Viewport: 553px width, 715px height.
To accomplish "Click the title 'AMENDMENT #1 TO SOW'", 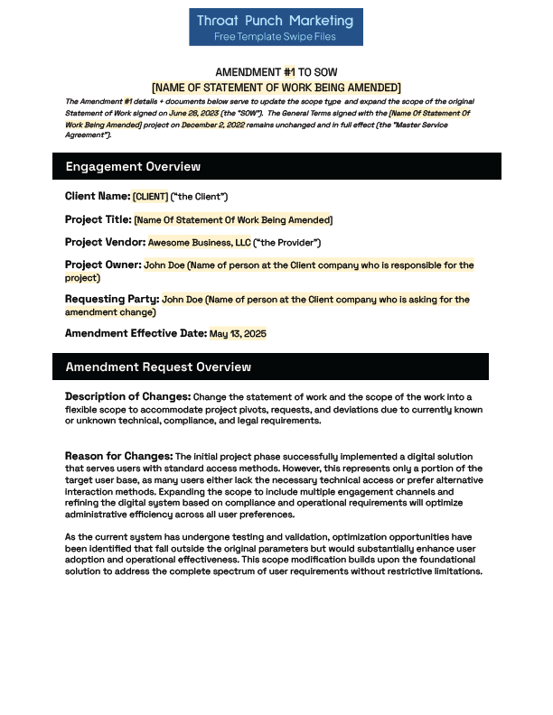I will tap(276, 72).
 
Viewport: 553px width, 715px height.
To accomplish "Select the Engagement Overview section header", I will tap(133, 167).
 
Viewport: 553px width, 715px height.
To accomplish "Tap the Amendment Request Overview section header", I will tap(158, 367).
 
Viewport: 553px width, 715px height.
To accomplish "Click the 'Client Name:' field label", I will tap(97, 196).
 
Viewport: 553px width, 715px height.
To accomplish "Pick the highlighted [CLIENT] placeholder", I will tap(150, 197).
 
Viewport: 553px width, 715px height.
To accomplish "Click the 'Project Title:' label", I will tap(98, 219).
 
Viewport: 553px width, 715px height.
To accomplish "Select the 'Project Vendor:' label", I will tap(105, 242).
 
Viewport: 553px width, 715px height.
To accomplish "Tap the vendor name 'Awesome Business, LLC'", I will tap(199, 243).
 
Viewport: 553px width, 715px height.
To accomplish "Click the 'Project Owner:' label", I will tap(103, 265).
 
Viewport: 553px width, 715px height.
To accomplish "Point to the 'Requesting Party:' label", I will tap(112, 299).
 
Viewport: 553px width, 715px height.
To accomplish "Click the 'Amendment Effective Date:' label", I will tap(136, 333).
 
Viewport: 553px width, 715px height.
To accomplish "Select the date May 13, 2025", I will tap(238, 334).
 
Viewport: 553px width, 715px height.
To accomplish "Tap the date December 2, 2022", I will tap(212, 125).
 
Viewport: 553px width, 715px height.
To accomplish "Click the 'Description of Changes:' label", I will tap(127, 397).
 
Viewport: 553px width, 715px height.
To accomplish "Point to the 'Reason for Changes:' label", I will tap(118, 456).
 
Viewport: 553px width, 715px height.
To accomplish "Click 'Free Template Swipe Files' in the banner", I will tap(276, 37).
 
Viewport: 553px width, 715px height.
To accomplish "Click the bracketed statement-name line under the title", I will tap(276, 88).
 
